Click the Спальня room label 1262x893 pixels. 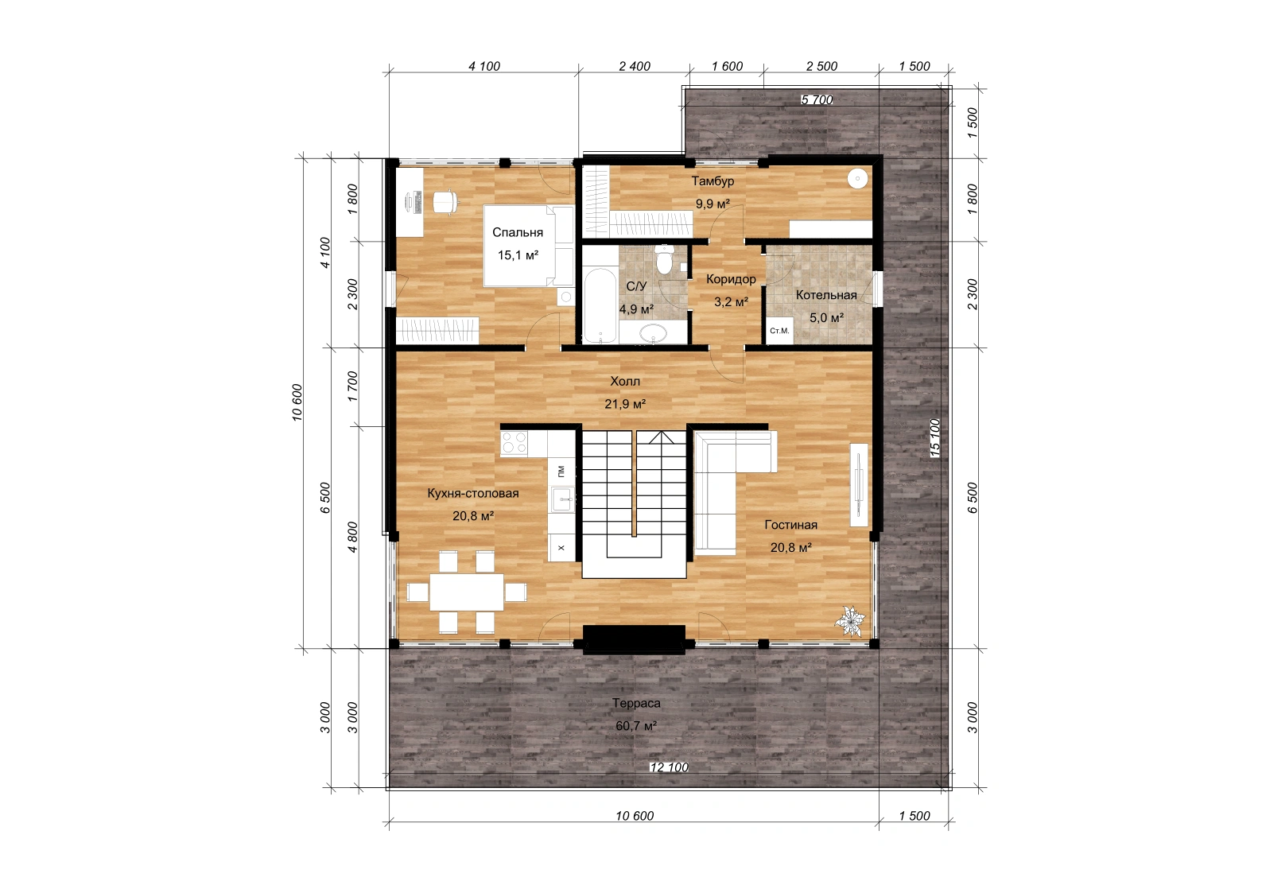(517, 233)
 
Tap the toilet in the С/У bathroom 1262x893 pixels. (666, 259)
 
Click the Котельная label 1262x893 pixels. (826, 295)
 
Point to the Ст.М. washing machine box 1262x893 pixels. (780, 331)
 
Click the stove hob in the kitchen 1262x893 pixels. (514, 443)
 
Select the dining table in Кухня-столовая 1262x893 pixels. (467, 592)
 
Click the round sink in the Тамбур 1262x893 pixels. (857, 179)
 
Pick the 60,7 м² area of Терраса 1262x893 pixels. (636, 726)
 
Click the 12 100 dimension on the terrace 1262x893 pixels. (669, 767)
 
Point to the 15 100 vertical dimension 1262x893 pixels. (934, 437)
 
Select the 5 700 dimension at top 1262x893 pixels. (817, 99)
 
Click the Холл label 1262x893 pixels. (625, 382)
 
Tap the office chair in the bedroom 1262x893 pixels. (445, 201)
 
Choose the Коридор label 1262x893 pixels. (731, 279)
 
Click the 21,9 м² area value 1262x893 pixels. (625, 404)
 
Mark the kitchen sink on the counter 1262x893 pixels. (563, 499)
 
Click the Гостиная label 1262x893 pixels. (790, 525)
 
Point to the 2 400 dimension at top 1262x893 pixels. (635, 67)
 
